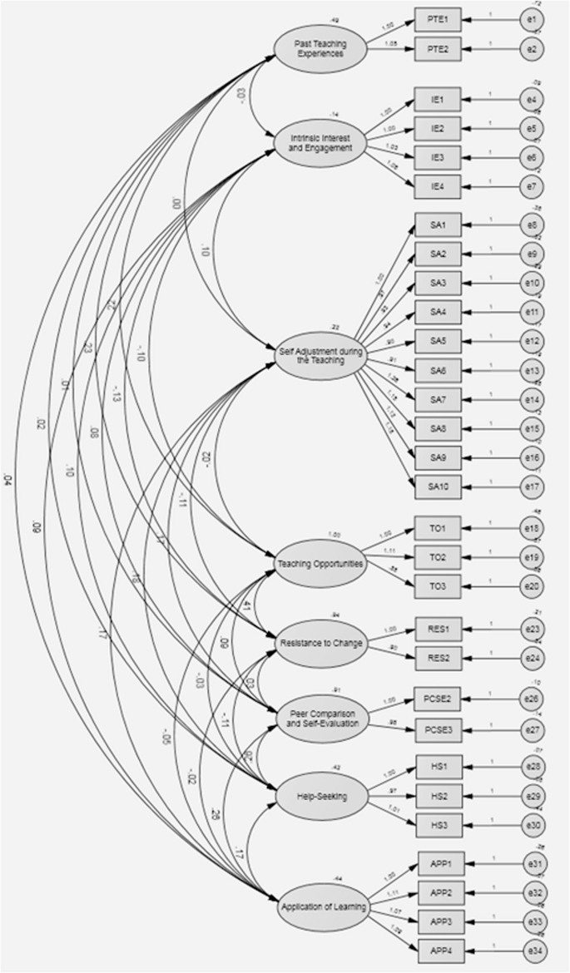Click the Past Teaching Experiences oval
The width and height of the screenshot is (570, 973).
click(320, 49)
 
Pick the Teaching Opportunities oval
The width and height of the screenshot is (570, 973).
click(320, 565)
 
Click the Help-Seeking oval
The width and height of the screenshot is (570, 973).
click(320, 798)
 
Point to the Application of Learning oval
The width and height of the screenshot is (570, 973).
click(320, 907)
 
